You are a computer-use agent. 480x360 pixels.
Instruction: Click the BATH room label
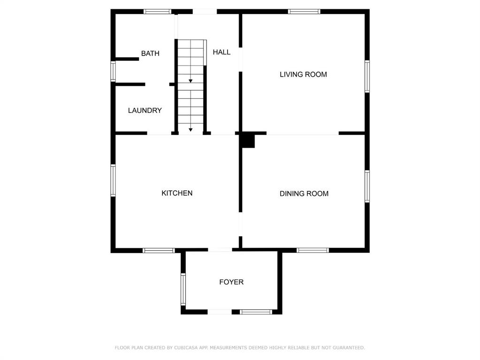click(150, 53)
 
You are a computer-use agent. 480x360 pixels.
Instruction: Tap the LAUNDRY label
click(145, 111)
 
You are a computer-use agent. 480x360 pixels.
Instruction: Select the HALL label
click(221, 52)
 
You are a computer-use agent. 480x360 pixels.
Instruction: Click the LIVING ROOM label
click(304, 75)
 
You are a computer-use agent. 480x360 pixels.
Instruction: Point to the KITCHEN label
click(177, 193)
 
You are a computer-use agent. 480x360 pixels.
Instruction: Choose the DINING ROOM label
click(304, 194)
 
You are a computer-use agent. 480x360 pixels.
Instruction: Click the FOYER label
click(231, 282)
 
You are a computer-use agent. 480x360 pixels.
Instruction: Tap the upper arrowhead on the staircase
click(190, 81)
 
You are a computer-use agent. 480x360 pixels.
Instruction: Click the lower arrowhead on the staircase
click(190, 130)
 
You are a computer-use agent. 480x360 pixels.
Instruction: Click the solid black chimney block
click(248, 141)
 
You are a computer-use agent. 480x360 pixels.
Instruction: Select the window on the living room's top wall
click(304, 12)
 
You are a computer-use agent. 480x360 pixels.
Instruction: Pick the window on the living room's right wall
click(367, 76)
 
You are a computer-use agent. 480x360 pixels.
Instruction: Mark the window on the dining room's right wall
click(367, 186)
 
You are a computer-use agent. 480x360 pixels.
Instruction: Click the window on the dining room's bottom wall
click(312, 250)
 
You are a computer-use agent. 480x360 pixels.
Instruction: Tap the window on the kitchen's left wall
click(113, 180)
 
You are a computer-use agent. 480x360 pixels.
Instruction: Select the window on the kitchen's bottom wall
click(159, 250)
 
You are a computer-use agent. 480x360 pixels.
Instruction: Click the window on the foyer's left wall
click(183, 289)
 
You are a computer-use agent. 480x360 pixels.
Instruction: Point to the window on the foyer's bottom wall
click(256, 312)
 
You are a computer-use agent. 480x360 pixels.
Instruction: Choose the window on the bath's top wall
click(157, 12)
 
